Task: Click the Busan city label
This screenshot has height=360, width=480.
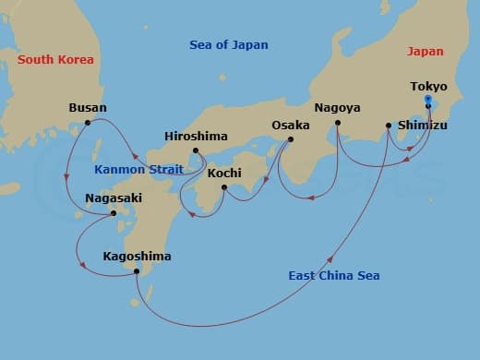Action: click(x=88, y=107)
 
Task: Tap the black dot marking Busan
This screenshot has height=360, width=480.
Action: click(x=88, y=123)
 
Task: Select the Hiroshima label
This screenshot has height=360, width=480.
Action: click(x=196, y=136)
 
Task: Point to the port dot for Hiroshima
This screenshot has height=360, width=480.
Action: click(x=196, y=150)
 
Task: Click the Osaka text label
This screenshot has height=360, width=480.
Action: click(x=291, y=125)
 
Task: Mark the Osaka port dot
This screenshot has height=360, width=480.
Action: click(x=291, y=140)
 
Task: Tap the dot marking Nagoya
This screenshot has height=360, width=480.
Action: click(x=338, y=123)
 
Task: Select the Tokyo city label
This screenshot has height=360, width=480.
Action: click(x=428, y=87)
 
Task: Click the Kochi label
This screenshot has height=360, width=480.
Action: click(x=224, y=173)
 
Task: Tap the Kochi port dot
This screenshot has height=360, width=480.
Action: click(x=224, y=187)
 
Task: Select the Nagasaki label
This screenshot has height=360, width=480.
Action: click(x=113, y=198)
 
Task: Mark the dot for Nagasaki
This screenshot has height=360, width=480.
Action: click(x=114, y=213)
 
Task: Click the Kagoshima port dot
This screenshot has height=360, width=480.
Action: click(x=137, y=270)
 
